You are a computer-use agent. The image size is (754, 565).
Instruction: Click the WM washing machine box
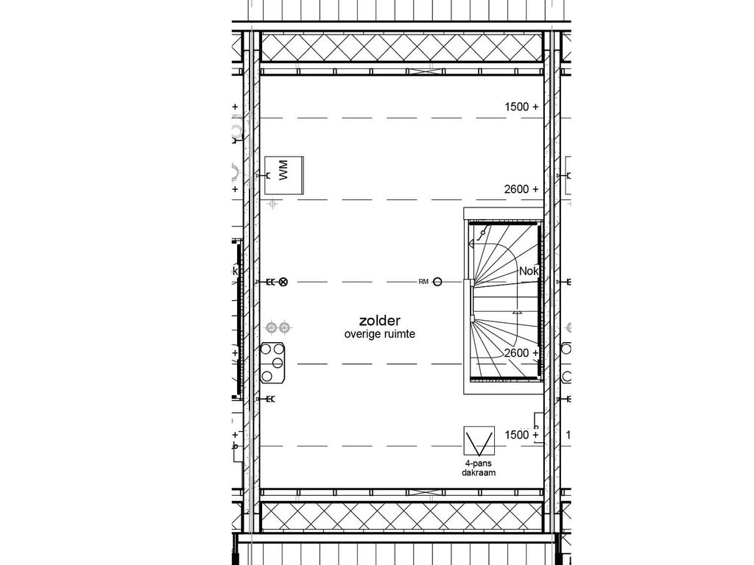pyautogui.click(x=285, y=175)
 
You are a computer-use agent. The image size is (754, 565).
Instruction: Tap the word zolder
pyautogui.click(x=379, y=321)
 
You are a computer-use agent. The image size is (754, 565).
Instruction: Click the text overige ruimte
pyautogui.click(x=379, y=334)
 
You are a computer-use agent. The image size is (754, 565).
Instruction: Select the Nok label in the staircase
pyautogui.click(x=529, y=271)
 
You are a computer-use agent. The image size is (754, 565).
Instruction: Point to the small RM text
pyautogui.click(x=423, y=281)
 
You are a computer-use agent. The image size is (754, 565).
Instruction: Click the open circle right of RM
pyautogui.click(x=437, y=281)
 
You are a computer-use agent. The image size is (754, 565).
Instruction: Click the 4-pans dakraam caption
pyautogui.click(x=480, y=468)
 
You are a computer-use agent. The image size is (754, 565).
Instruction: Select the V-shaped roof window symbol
pyautogui.click(x=479, y=441)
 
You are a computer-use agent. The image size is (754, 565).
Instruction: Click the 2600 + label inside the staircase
pyautogui.click(x=521, y=353)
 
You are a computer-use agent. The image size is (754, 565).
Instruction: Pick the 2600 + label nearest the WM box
pyautogui.click(x=521, y=189)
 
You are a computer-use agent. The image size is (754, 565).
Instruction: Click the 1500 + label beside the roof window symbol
pyautogui.click(x=521, y=435)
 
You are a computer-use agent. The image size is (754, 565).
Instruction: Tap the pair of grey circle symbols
pyautogui.click(x=279, y=326)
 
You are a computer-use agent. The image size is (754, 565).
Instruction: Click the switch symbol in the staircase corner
pyautogui.click(x=482, y=235)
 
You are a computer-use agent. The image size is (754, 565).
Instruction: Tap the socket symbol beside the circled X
pyautogui.click(x=269, y=281)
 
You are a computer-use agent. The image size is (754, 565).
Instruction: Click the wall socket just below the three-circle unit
pyautogui.click(x=269, y=399)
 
